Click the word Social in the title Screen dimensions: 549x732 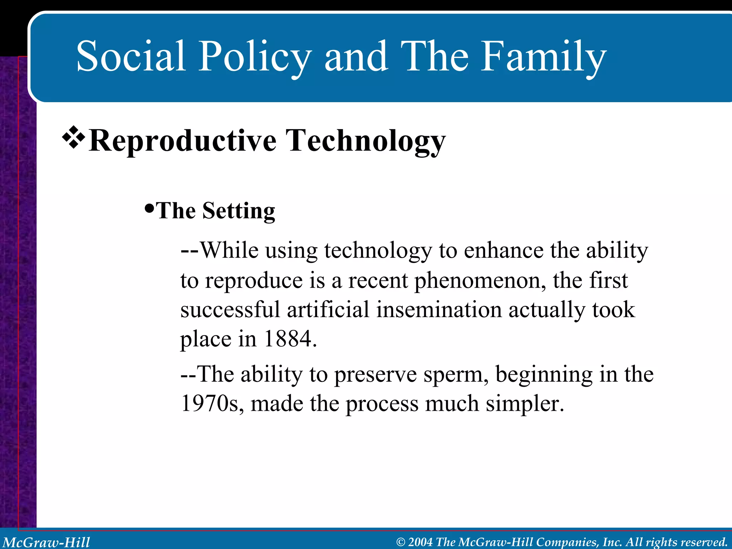tap(131, 56)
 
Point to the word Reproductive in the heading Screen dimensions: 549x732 tap(182, 141)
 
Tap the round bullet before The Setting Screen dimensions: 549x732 tap(149, 208)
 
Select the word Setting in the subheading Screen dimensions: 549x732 tap(238, 211)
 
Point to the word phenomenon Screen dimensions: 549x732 tap(480, 281)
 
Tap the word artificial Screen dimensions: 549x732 tap(328, 310)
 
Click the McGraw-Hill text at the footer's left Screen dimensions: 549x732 tap(46, 542)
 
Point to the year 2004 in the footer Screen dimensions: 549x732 tap(420, 542)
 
